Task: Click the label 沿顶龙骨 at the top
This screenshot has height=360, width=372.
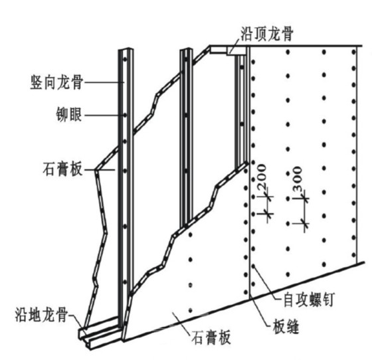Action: pyautogui.click(x=267, y=34)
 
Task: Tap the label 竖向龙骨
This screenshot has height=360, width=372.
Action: pyautogui.click(x=56, y=82)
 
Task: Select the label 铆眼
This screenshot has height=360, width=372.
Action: pyautogui.click(x=69, y=114)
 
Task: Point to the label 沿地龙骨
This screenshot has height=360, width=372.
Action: pyautogui.click(x=41, y=314)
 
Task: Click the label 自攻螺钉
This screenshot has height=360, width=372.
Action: pyautogui.click(x=310, y=300)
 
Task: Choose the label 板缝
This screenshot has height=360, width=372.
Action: pyautogui.click(x=286, y=326)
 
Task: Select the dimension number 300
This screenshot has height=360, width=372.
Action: pyautogui.click(x=298, y=179)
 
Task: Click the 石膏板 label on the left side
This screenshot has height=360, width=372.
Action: pyautogui.click(x=62, y=169)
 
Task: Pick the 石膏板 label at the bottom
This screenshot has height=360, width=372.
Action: pyautogui.click(x=211, y=337)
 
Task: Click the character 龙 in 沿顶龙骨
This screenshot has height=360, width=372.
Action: pyautogui.click(x=274, y=34)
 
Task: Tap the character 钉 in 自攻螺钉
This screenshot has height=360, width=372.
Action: pyautogui.click(x=329, y=300)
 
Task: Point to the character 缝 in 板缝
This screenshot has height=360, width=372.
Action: pyautogui.click(x=292, y=326)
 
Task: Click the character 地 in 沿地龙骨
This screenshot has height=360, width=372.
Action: pyautogui.click(x=35, y=314)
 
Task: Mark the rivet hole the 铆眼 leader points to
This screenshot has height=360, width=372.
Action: pyautogui.click(x=125, y=115)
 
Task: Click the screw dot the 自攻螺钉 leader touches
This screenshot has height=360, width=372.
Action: pyautogui.click(x=253, y=266)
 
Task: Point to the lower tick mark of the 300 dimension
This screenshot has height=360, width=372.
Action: pyautogui.click(x=305, y=223)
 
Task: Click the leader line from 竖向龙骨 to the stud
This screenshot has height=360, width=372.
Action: pyautogui.click(x=104, y=82)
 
